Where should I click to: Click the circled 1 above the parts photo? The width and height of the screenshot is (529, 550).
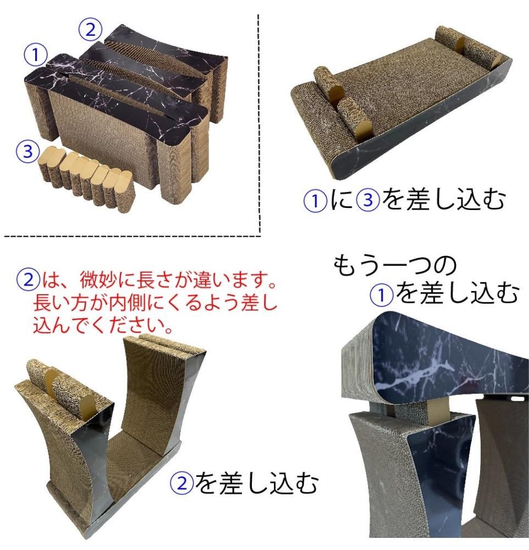pyautogui.click(x=35, y=54)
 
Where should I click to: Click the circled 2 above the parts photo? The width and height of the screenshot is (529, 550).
pyautogui.click(x=90, y=30)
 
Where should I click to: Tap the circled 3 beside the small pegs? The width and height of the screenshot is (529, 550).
pyautogui.click(x=27, y=152)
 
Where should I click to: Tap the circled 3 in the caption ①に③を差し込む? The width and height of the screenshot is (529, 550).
pyautogui.click(x=368, y=200)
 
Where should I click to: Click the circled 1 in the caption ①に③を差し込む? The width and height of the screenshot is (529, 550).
pyautogui.click(x=315, y=200)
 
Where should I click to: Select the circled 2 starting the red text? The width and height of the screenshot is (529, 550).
pyautogui.click(x=28, y=279)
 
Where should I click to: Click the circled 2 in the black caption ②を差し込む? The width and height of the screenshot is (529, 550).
pyautogui.click(x=181, y=483)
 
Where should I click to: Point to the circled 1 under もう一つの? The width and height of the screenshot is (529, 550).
pyautogui.click(x=381, y=295)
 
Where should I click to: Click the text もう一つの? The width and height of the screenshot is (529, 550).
pyautogui.click(x=394, y=265)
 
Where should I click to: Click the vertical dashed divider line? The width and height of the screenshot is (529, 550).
pyautogui.click(x=259, y=123)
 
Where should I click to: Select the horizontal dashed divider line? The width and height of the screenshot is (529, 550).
pyautogui.click(x=132, y=237)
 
